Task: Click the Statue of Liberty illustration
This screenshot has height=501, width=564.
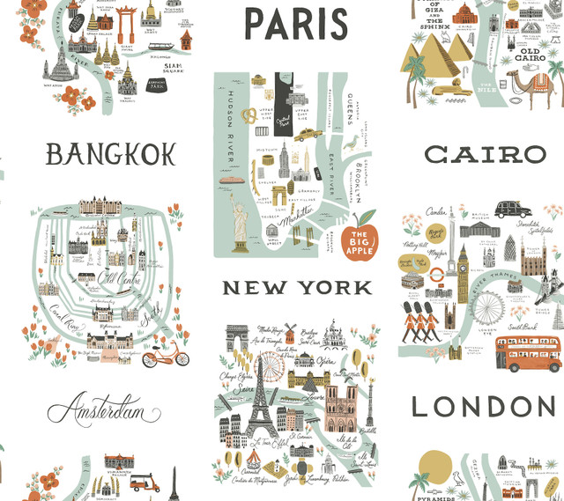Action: [240, 219]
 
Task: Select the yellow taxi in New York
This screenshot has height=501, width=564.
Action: [306, 135]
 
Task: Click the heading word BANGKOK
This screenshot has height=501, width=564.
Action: [111, 155]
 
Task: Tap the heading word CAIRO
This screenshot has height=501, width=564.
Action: [486, 155]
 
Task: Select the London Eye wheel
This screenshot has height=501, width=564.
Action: [488, 307]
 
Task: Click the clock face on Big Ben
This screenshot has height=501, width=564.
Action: [462, 259]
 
